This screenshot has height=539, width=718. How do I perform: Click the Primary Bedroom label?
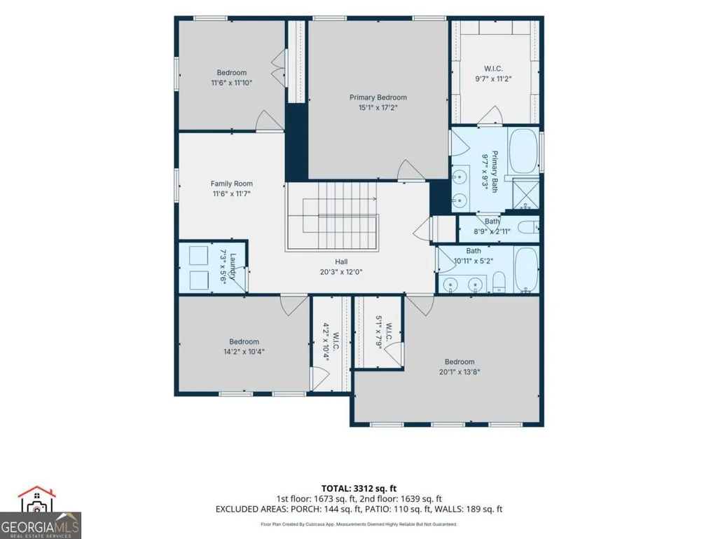coord(378,97)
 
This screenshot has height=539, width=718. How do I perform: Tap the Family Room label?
coord(232,184)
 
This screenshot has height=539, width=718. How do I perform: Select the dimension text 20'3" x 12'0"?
coord(341,272)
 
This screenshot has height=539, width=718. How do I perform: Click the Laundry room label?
coord(233,267)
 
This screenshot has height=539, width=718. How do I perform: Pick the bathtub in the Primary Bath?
coord(523,151)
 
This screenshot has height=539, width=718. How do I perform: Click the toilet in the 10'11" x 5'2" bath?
coord(499,282)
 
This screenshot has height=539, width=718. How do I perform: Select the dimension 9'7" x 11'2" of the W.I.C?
coord(493,79)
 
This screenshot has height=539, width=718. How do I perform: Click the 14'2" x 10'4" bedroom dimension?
coord(244,352)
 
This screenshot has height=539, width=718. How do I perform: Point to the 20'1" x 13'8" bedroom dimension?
coord(460,372)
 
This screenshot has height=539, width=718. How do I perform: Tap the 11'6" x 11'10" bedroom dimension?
coord(232,83)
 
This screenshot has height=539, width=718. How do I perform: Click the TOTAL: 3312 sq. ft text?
coord(359,489)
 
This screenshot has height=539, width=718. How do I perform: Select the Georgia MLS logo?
coord(41,512)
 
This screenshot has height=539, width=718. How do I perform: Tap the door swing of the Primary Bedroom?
coord(411,170)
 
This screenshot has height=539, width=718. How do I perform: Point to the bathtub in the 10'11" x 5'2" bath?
coord(526,269)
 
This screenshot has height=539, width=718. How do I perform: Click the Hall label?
coord(341,261)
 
